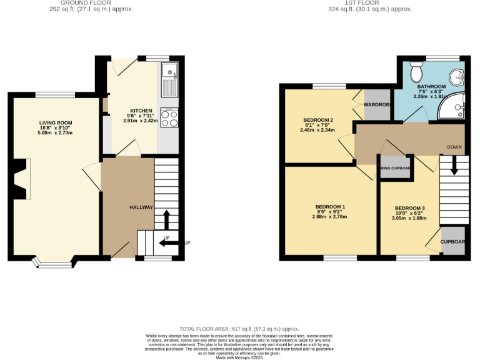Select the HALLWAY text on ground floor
[x=141, y=207]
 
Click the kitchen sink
[x=169, y=79]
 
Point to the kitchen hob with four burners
[x=169, y=117]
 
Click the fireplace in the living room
[x=21, y=179]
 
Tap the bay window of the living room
[x=54, y=261]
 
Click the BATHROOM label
[x=431, y=87]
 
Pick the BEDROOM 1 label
[x=331, y=207]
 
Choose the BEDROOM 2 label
[x=318, y=120]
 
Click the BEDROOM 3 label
[x=410, y=208]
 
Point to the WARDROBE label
[x=377, y=104]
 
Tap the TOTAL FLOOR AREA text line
[x=239, y=329]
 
